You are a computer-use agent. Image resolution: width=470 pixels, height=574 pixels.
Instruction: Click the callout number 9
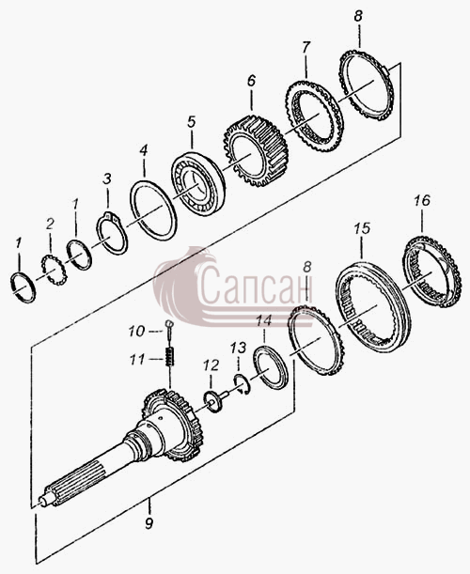[149, 523]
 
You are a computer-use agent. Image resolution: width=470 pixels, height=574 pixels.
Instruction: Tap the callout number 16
[422, 201]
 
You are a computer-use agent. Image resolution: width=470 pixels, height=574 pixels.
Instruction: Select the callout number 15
[362, 228]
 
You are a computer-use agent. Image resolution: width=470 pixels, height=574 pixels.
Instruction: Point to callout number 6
[251, 80]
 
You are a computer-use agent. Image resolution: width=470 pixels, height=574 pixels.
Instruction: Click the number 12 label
[211, 365]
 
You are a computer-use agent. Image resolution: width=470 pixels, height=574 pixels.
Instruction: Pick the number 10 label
[137, 332]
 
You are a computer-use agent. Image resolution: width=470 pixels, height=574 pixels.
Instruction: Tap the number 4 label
[144, 150]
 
